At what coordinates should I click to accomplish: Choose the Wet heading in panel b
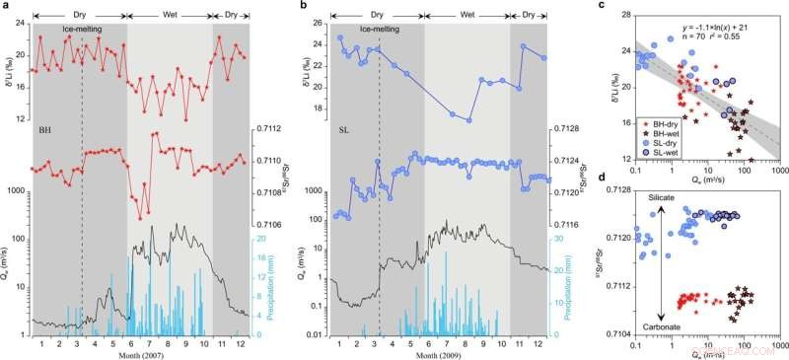(466, 15)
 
